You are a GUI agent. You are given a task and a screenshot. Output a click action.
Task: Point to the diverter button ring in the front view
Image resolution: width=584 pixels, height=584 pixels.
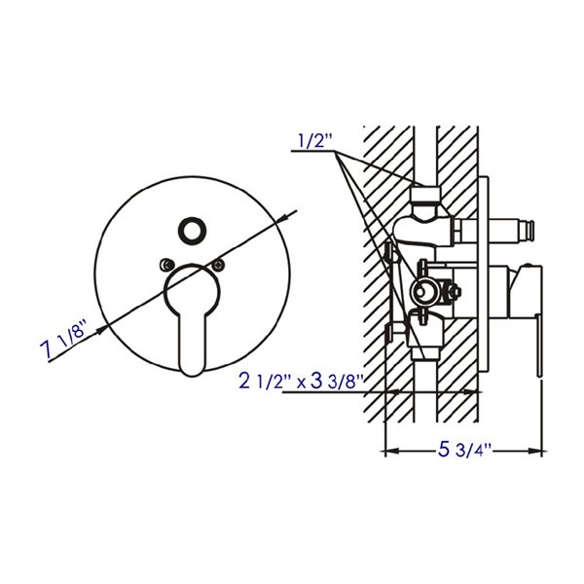coord(190,232)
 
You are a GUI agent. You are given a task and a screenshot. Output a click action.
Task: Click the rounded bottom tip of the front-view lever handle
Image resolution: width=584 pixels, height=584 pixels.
coord(192,362)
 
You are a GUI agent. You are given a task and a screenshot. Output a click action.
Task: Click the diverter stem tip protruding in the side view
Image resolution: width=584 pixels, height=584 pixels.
coord(532,233)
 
